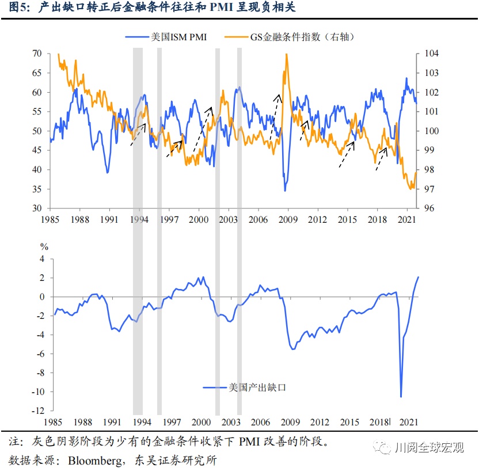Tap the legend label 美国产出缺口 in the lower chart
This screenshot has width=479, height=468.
click(257, 387)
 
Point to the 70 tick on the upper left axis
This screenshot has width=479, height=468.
click(37, 54)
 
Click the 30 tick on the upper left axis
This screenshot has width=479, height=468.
click(37, 208)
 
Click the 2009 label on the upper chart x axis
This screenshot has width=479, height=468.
click(288, 220)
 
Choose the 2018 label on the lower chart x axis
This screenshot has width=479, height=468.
click(378, 423)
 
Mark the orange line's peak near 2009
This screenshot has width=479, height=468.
click(286, 54)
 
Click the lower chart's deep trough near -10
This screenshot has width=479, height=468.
click(401, 397)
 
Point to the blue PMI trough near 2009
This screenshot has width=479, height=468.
click(285, 191)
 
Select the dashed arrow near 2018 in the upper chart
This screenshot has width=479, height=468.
click(381, 159)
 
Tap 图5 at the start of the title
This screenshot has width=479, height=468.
click(21, 9)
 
